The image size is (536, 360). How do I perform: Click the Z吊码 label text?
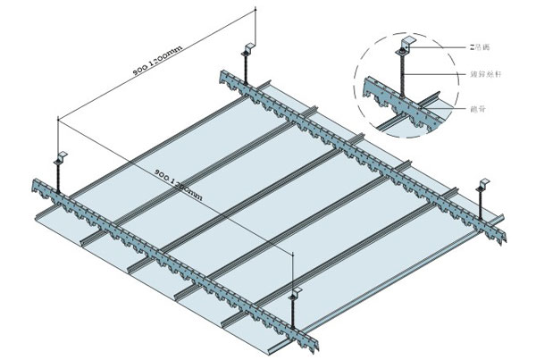tap(481, 42)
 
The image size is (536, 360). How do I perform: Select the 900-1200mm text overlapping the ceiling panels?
tap(183, 182)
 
